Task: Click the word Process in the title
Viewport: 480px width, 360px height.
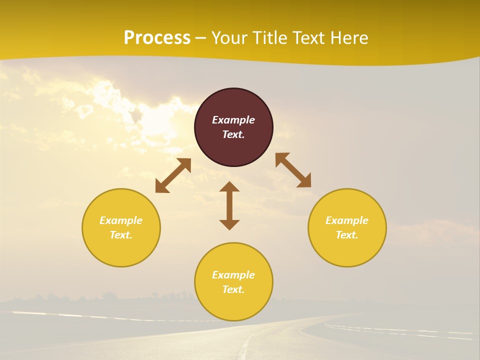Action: click(157, 38)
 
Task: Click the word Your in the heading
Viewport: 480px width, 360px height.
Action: click(230, 38)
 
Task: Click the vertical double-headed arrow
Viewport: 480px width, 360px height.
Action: click(229, 205)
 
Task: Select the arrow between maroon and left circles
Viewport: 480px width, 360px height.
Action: click(173, 175)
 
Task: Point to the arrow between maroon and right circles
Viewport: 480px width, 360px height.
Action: click(293, 170)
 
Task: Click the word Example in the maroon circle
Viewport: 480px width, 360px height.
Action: click(233, 120)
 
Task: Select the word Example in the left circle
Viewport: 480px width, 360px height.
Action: click(121, 220)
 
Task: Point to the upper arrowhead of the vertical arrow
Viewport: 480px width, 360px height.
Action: click(229, 187)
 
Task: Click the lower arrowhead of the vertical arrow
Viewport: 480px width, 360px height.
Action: click(229, 224)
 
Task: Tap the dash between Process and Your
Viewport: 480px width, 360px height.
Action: click(201, 38)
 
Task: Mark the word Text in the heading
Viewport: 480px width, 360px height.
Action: click(309, 38)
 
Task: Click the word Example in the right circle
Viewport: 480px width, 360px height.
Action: click(347, 220)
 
